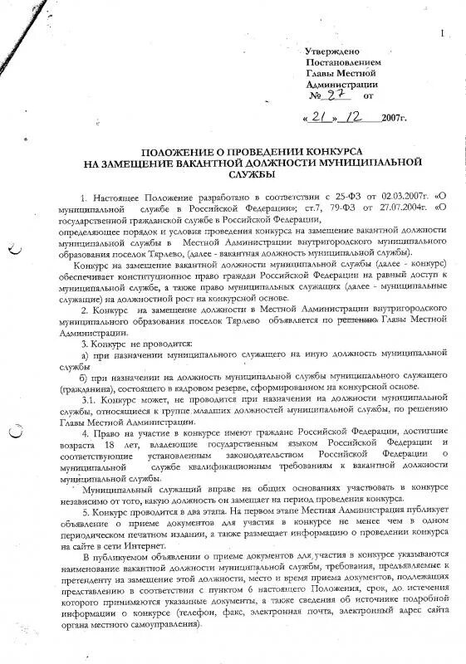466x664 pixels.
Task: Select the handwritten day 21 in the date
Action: pyautogui.click(x=322, y=118)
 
